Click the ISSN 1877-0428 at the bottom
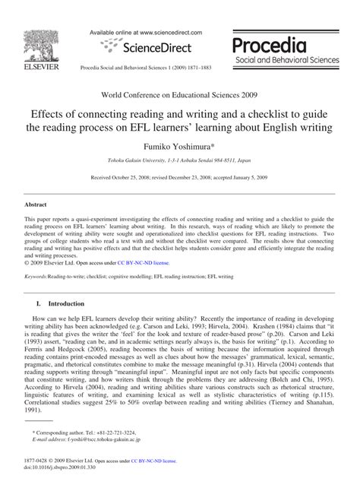point(37,473)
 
